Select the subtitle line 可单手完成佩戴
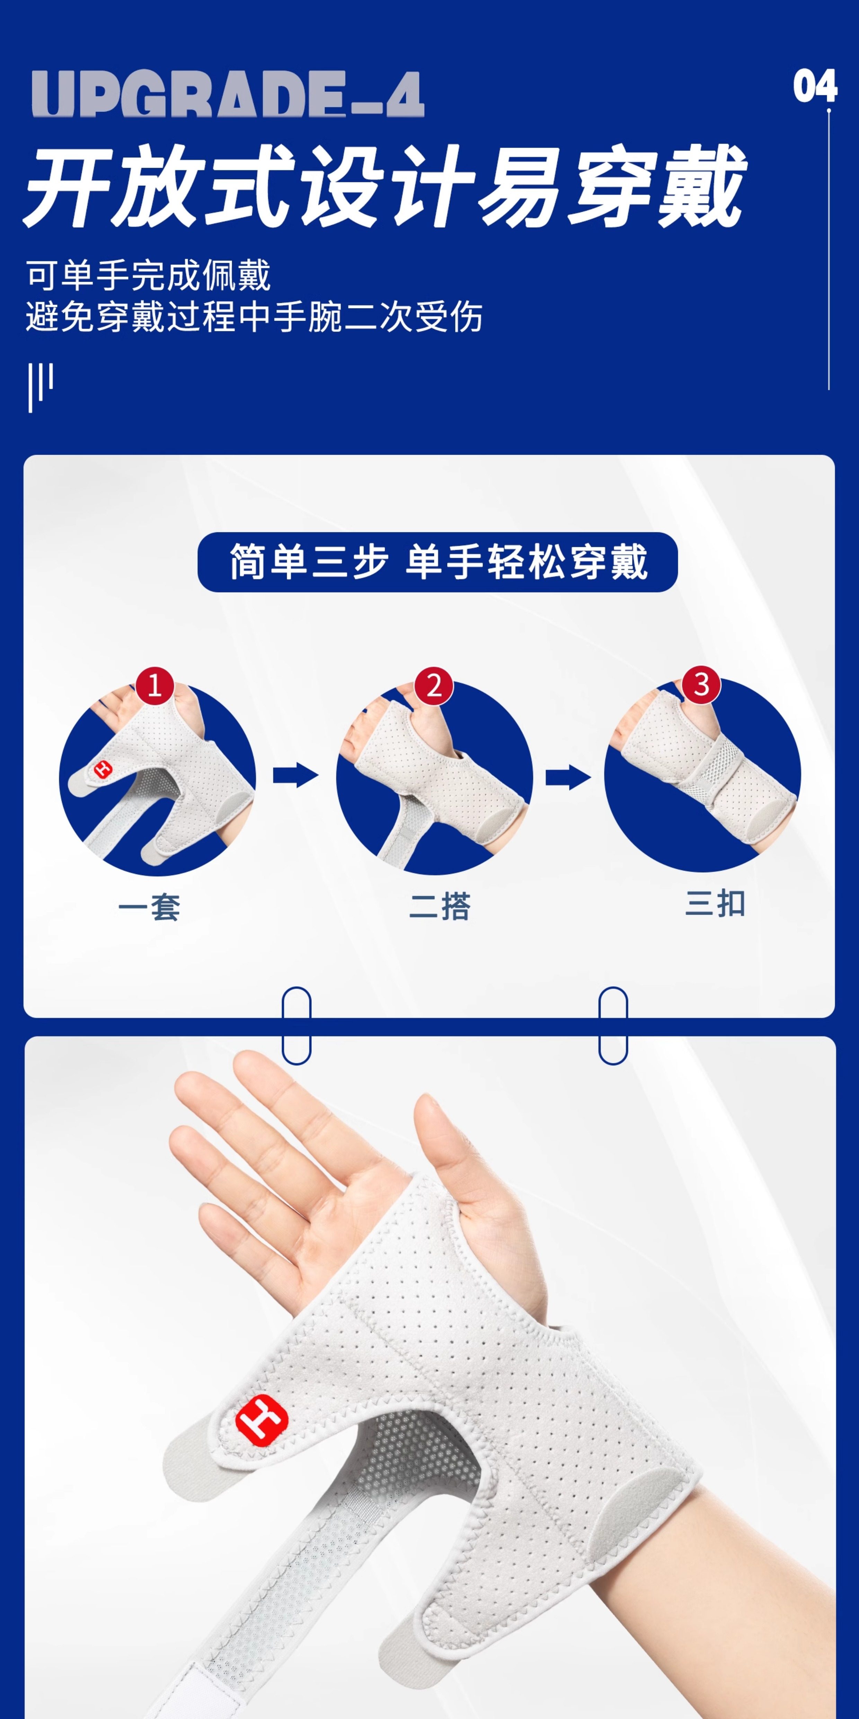pyautogui.click(x=148, y=276)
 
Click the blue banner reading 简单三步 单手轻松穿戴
pyautogui.click(x=437, y=562)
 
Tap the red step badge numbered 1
pyautogui.click(x=155, y=685)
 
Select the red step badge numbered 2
pyautogui.click(x=434, y=685)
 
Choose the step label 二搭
pyautogui.click(x=440, y=906)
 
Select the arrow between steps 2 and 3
pyautogui.click(x=568, y=777)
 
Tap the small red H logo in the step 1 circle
pyautogui.click(x=103, y=769)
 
